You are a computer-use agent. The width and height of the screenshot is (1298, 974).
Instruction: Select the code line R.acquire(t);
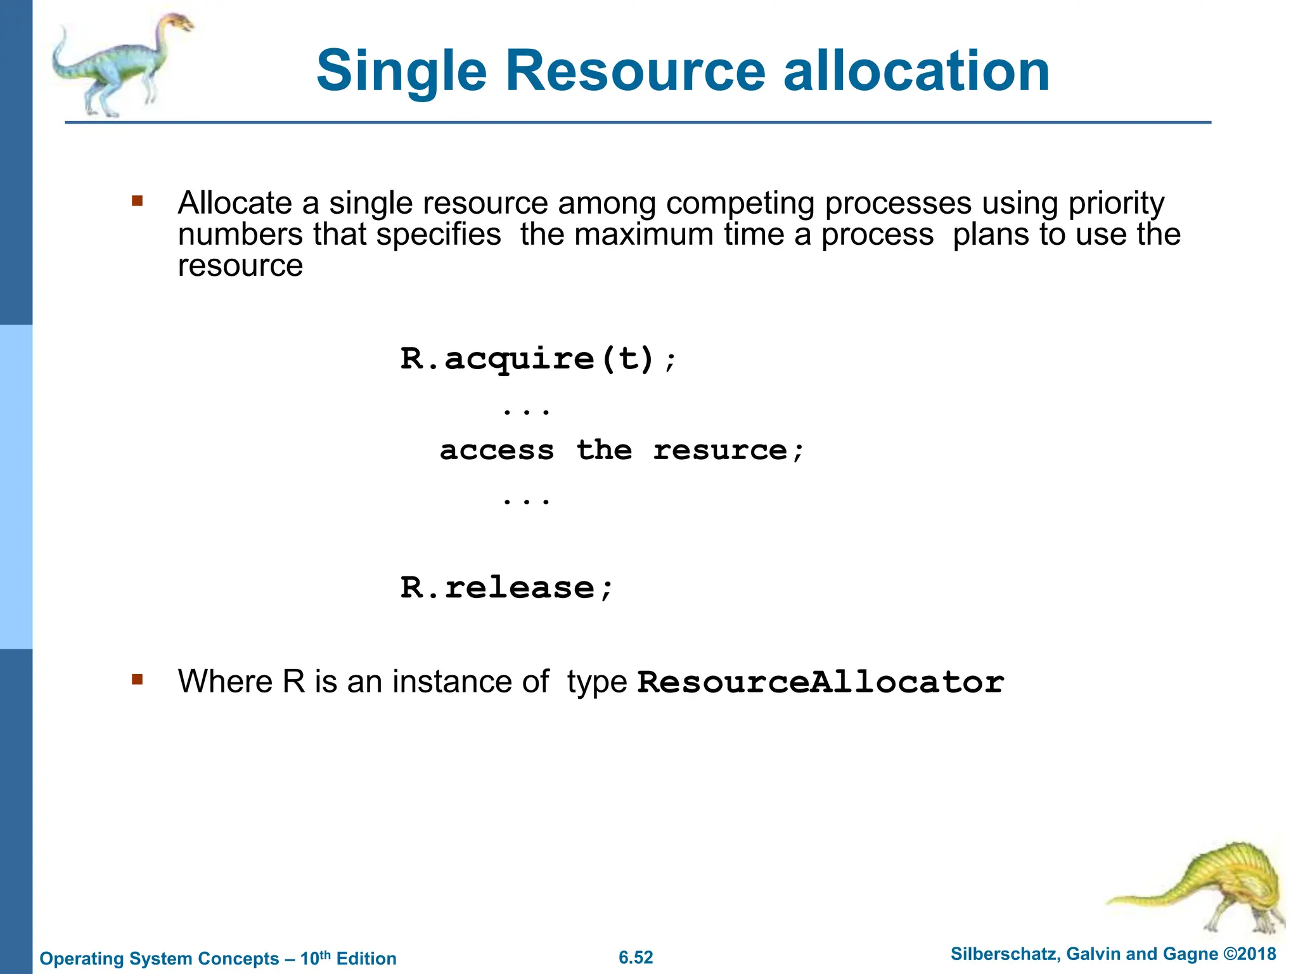click(539, 359)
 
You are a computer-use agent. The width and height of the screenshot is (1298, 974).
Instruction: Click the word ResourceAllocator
click(820, 682)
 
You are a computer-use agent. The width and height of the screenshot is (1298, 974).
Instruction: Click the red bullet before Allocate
click(138, 202)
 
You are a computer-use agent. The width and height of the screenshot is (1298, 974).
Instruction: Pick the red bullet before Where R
click(138, 680)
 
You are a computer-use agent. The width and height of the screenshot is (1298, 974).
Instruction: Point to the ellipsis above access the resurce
click(526, 412)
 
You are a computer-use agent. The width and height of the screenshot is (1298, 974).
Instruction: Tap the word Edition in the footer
click(366, 958)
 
